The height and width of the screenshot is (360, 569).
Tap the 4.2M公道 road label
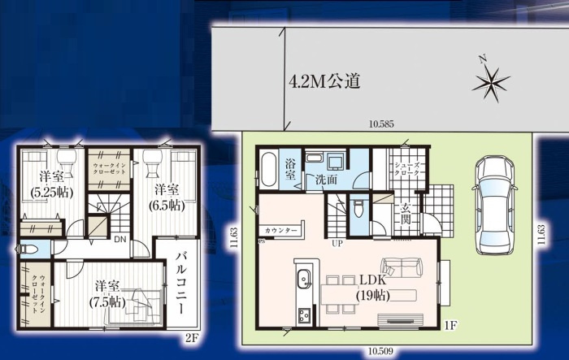point(324,81)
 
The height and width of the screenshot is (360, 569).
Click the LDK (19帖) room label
point(372,288)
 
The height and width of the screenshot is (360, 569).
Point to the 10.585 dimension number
point(381,124)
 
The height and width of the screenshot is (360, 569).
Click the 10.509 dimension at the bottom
point(380,351)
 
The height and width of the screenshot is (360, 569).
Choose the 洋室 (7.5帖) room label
point(107,294)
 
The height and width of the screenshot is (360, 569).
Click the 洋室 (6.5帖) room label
point(167,197)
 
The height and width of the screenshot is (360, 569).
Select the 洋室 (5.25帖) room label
point(52,184)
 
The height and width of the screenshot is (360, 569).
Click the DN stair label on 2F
point(120,240)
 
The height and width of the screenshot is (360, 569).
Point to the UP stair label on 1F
point(337,244)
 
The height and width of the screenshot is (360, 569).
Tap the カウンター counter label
point(281,231)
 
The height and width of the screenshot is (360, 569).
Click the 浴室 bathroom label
point(290,169)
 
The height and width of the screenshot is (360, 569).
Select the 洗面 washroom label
point(326,180)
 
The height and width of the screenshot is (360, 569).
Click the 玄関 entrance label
point(406,214)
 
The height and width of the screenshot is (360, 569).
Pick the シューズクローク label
point(406,169)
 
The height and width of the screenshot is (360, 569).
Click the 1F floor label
point(450,325)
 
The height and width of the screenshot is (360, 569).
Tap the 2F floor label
point(192,338)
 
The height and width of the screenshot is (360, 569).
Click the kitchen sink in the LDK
point(304,279)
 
